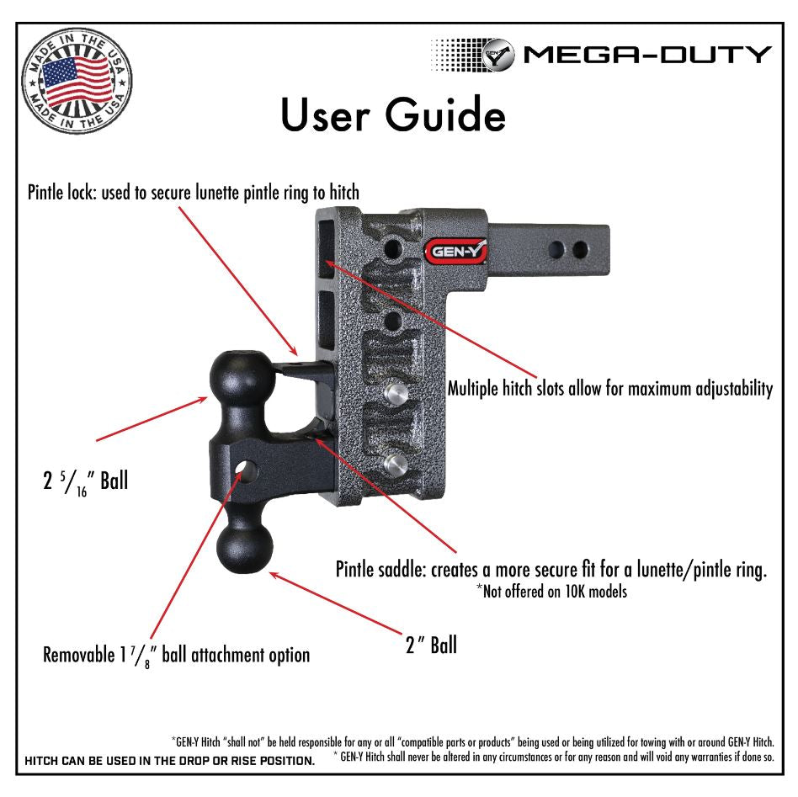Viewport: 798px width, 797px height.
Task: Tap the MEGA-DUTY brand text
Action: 646,56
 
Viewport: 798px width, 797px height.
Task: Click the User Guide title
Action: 392,115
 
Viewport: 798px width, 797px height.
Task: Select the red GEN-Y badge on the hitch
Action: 457,250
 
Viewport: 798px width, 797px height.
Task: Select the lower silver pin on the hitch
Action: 396,463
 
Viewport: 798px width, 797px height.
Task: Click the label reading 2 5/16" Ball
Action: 86,482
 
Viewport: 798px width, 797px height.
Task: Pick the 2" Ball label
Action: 431,645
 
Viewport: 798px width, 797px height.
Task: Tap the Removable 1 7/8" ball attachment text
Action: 177,654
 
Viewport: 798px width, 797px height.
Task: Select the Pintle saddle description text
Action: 551,570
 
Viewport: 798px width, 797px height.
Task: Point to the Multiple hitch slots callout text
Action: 609,389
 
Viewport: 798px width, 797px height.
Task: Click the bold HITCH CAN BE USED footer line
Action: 171,762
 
